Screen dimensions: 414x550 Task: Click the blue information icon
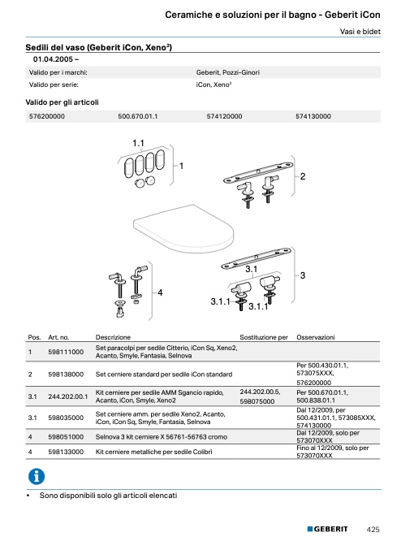(x=37, y=476)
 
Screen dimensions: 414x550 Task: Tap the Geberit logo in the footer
(x=327, y=529)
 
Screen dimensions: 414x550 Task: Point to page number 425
(x=373, y=530)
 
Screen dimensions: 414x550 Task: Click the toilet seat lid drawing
(x=183, y=228)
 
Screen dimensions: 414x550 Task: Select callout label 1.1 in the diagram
(x=138, y=143)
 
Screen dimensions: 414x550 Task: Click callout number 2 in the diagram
(x=303, y=176)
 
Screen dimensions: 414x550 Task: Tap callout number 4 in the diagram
(x=160, y=292)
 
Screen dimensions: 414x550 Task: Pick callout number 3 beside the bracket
(x=303, y=275)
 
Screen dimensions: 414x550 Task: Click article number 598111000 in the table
(x=66, y=352)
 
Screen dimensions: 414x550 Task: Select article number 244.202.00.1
(x=68, y=396)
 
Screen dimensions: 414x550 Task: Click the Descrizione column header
(x=113, y=337)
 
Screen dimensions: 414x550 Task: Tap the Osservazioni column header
(x=316, y=337)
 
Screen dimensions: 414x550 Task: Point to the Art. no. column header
(x=58, y=337)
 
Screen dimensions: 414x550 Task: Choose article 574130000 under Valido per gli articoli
(x=313, y=116)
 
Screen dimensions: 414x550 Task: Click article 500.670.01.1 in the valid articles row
(x=138, y=116)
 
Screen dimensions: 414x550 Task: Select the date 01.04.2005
(x=53, y=59)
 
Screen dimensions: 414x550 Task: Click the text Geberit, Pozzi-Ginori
(x=228, y=72)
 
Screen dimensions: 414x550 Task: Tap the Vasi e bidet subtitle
(x=360, y=32)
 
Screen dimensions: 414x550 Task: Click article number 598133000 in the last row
(x=66, y=452)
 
